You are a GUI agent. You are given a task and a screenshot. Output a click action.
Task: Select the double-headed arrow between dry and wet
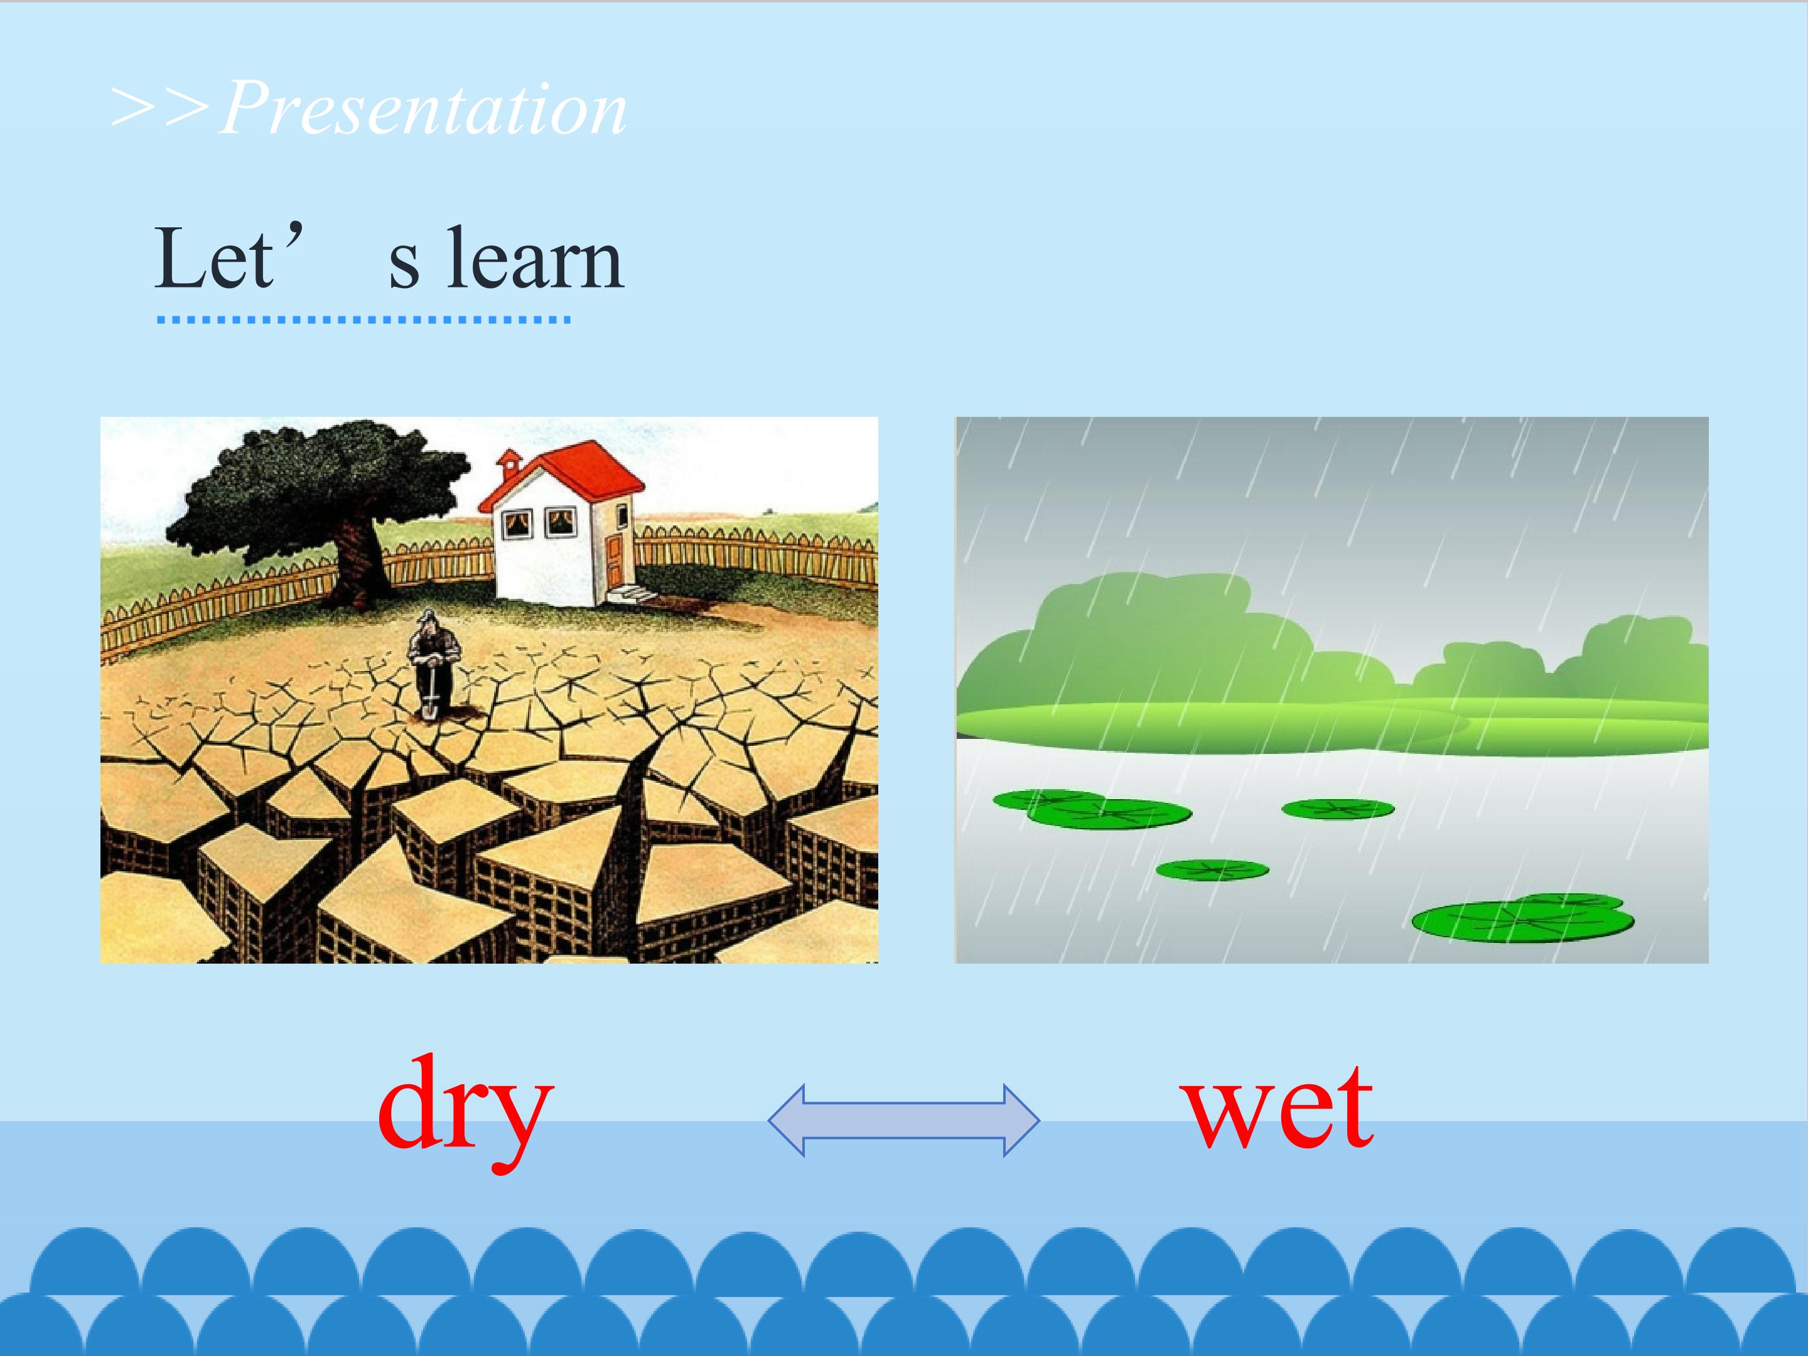[903, 1120]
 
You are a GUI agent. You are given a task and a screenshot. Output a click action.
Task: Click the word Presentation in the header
[423, 108]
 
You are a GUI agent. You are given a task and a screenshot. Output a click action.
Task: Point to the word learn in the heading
[535, 258]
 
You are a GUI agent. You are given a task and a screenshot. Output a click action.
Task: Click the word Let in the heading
[213, 258]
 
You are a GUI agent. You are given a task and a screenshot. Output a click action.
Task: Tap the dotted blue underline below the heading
[363, 320]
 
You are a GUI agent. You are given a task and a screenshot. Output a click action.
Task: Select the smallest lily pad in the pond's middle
[1212, 869]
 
